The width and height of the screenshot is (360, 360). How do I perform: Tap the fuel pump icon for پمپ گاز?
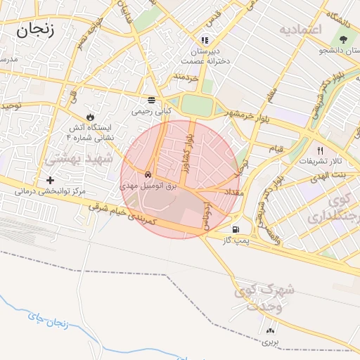point(234,229)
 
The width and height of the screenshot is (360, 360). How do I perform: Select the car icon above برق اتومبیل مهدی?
point(148,174)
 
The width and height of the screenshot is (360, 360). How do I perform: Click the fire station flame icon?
point(90,116)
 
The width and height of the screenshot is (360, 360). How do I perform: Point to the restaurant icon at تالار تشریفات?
point(321,150)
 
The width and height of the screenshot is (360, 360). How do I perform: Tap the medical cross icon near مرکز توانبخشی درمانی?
point(50,180)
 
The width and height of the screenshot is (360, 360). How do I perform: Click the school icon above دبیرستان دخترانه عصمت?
point(205,41)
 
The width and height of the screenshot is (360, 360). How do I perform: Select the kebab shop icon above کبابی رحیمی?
point(151,100)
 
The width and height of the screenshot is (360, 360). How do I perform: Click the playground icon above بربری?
point(271,331)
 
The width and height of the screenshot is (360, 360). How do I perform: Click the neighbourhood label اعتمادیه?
point(300,30)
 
